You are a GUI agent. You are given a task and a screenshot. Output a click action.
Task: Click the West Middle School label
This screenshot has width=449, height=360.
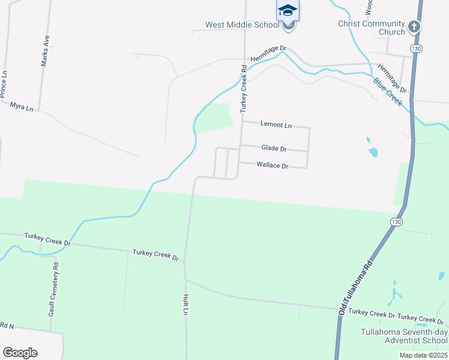(x=242, y=25)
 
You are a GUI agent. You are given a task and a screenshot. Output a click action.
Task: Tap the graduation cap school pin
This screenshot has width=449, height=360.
(x=288, y=11)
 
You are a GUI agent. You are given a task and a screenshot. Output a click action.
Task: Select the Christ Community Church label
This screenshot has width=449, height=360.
(x=372, y=28)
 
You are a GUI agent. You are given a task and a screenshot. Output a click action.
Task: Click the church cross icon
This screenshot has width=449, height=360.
(x=414, y=26)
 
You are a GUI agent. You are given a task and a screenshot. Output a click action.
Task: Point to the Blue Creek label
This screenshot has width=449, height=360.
(x=387, y=92)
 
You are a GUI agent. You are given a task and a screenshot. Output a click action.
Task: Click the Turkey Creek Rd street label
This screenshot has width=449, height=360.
(x=244, y=88)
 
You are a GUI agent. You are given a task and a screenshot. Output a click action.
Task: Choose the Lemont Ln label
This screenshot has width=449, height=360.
(x=276, y=125)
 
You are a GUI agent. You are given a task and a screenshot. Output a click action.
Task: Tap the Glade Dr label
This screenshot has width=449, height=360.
(x=274, y=148)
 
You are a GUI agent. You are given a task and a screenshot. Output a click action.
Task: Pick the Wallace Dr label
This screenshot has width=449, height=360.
(x=273, y=165)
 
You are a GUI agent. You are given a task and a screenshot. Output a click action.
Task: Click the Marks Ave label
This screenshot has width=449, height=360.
(x=44, y=50)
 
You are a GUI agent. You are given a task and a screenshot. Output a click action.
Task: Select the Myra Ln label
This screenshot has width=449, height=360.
(x=22, y=106)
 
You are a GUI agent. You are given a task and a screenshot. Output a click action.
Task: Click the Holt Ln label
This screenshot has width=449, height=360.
(x=185, y=304)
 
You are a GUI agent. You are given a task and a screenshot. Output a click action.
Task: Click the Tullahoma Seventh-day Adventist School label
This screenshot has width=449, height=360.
(x=403, y=336)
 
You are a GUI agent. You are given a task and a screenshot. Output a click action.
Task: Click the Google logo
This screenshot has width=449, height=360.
(x=20, y=353)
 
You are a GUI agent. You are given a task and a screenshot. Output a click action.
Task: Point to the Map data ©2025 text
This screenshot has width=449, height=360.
(x=423, y=355)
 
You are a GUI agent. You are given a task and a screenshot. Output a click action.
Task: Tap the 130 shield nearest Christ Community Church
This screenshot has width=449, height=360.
(x=415, y=47)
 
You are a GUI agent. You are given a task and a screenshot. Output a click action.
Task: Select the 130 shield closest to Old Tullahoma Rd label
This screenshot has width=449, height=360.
(x=396, y=222)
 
